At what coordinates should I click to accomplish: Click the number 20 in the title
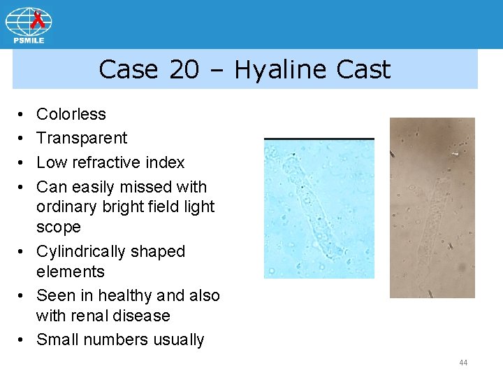point(184,70)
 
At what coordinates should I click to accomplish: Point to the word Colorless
point(71,114)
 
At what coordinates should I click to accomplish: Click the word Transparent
point(82,138)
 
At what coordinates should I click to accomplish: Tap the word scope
point(59,227)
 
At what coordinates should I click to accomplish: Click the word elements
point(71,272)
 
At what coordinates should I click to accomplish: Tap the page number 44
point(463,363)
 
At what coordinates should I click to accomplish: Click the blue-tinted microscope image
point(319,209)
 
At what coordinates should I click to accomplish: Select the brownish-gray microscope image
point(432,208)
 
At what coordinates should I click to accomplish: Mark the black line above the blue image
point(319,139)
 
